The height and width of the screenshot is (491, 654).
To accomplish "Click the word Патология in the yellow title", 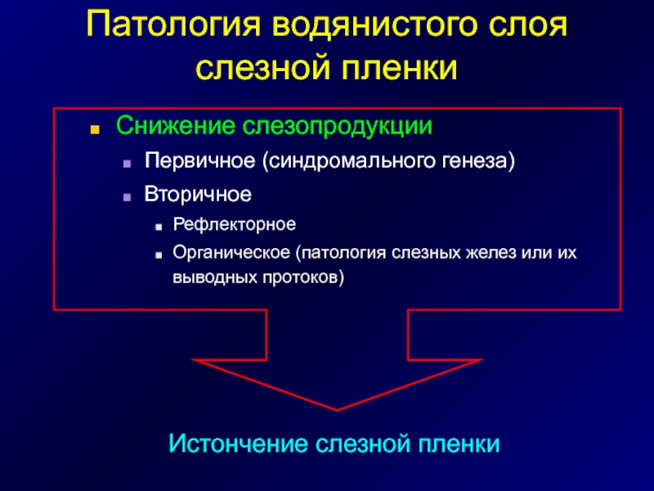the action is click(x=173, y=25).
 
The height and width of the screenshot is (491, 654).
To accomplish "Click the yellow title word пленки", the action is click(x=400, y=67).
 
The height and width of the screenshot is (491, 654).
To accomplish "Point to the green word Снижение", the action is click(x=175, y=125).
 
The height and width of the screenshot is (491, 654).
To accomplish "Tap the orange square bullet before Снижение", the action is click(x=95, y=129).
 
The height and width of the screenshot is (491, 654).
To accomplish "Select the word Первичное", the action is click(x=199, y=160).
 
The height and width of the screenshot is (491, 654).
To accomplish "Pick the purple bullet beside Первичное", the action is click(x=128, y=164).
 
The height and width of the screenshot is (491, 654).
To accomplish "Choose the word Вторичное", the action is click(x=198, y=194).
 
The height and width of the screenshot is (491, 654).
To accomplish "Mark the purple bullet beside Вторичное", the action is click(x=128, y=197).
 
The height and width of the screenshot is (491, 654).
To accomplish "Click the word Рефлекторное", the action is click(x=235, y=224).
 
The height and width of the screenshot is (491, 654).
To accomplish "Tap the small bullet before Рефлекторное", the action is click(x=158, y=227).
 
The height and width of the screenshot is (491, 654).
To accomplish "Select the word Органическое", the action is click(x=231, y=253).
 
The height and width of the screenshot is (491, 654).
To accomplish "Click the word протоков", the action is click(x=303, y=277).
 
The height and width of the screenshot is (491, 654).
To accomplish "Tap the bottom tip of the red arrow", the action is click(x=337, y=411).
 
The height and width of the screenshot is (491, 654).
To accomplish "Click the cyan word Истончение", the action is click(x=238, y=444).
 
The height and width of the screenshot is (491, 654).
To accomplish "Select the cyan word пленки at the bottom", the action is click(x=459, y=444).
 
